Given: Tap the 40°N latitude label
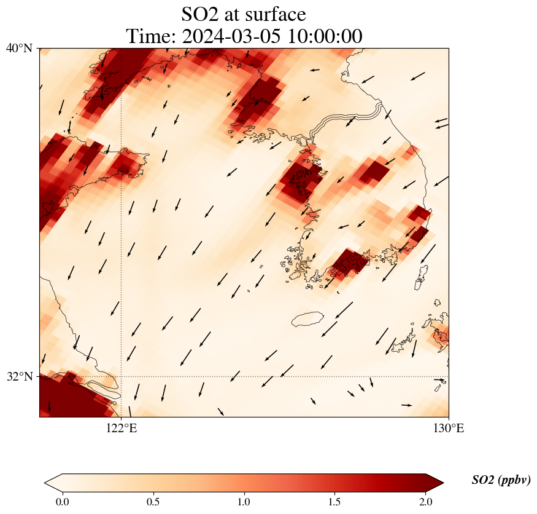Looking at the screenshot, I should click(19, 48).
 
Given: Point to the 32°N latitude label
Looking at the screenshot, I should click(19, 376).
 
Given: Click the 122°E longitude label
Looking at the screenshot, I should click(121, 428).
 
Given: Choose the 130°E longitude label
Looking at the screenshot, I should click(449, 428).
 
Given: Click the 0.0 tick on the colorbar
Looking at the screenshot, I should click(62, 502).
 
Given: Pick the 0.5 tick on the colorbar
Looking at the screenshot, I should click(153, 502).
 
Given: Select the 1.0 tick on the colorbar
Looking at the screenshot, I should click(244, 502).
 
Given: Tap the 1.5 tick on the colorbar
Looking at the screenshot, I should click(335, 502).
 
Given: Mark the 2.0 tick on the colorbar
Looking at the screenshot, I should click(426, 502).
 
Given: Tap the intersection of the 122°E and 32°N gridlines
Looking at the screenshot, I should click(121, 376).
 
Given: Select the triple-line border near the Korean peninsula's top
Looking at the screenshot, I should click(344, 119).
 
